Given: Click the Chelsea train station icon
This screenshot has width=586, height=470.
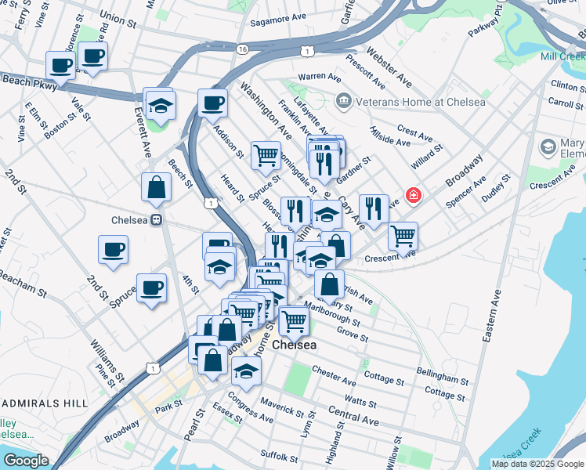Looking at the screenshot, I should click(157, 220).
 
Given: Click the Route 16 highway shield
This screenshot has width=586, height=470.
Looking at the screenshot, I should click(242, 49).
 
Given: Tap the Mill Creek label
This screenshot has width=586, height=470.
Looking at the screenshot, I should click(562, 56).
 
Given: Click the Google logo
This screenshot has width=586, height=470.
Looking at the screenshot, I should click(25, 461).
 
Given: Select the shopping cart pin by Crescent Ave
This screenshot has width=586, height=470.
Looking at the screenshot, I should click(403, 234).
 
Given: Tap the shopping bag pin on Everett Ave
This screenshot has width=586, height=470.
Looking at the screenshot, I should click(157, 186).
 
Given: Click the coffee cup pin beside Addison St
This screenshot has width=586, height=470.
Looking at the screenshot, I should click(212, 102).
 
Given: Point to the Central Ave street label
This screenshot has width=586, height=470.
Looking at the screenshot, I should click(353, 415).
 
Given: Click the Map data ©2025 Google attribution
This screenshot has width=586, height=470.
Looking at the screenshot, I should click(537, 464).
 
